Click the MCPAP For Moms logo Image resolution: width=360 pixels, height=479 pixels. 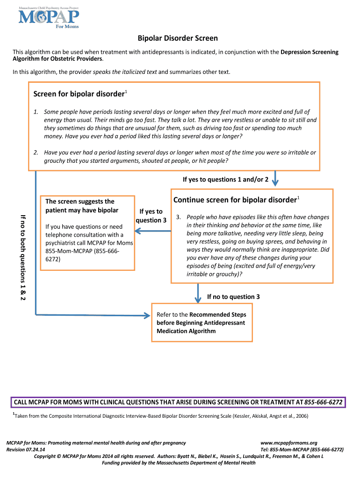pyautogui.click(x=49, y=17)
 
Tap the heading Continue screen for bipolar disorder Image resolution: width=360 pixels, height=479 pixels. pyautogui.click(x=235, y=200)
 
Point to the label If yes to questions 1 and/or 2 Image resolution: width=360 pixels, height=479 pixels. pyautogui.click(x=225, y=180)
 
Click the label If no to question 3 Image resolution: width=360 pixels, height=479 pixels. pyautogui.click(x=233, y=297)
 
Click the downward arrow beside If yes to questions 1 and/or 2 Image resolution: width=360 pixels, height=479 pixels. pyautogui.click(x=275, y=178)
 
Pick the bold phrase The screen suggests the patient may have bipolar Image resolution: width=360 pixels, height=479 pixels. pyautogui.click(x=82, y=206)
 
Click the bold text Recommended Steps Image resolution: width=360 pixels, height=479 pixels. pyautogui.click(x=218, y=314)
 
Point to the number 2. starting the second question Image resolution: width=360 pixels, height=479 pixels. pyautogui.click(x=36, y=152)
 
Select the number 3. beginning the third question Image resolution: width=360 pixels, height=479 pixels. pyautogui.click(x=178, y=217)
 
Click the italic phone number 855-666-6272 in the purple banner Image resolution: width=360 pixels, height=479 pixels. pyautogui.click(x=324, y=402)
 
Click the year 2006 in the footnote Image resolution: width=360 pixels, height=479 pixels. pyautogui.click(x=299, y=416)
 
